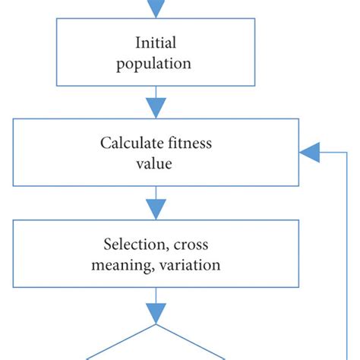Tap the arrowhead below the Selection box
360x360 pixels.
pos(156,311)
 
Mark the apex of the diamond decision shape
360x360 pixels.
pos(156,325)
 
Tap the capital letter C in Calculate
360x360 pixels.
pos(105,144)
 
